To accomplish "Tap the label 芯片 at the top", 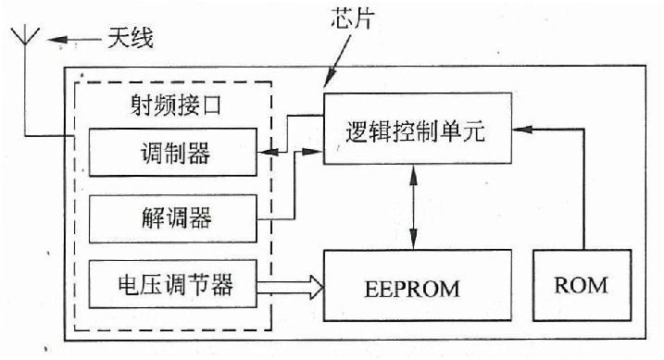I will tap(352, 18).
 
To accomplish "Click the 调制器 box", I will tap(171, 151).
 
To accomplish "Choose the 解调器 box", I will tap(171, 218).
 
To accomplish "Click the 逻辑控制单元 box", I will tap(418, 129).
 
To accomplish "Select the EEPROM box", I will tap(418, 286).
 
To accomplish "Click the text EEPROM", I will tap(418, 288).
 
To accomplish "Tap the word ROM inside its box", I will tap(583, 285).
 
